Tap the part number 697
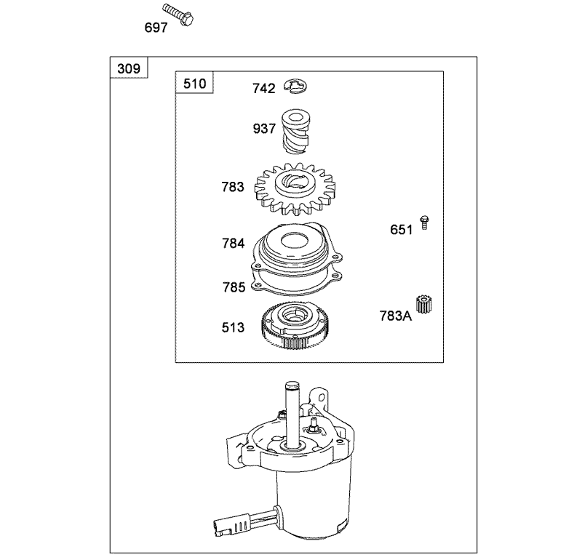pyautogui.click(x=156, y=28)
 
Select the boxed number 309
pyautogui.click(x=129, y=69)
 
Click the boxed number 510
pyautogui.click(x=194, y=84)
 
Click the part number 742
pyautogui.click(x=263, y=89)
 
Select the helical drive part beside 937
pyautogui.click(x=295, y=131)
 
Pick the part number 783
pyautogui.click(x=233, y=187)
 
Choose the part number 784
pyautogui.click(x=234, y=244)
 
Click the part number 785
pyautogui.click(x=234, y=287)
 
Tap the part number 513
pyautogui.click(x=234, y=328)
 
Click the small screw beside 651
pyautogui.click(x=424, y=223)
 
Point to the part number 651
pyautogui.click(x=401, y=230)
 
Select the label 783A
pyautogui.click(x=395, y=316)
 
